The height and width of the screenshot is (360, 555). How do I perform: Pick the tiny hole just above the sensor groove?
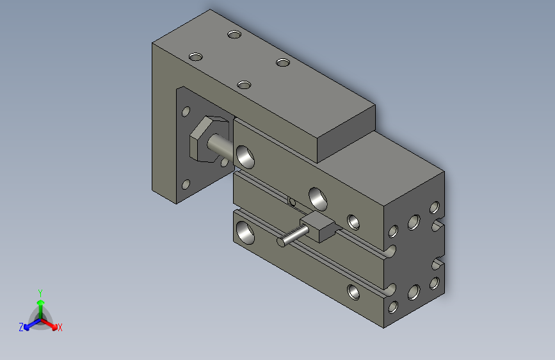tap(293, 202)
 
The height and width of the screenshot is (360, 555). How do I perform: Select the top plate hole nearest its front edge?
tap(243, 85)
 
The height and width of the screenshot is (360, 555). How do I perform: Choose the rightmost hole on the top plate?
tap(283, 62)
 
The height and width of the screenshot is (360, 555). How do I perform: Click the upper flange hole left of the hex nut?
tap(186, 111)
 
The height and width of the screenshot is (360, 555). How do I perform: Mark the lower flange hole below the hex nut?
tap(186, 184)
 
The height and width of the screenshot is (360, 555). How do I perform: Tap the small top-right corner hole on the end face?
tap(434, 207)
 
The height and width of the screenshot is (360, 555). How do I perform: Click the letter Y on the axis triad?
tap(40, 291)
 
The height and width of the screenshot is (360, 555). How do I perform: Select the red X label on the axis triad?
tap(60, 328)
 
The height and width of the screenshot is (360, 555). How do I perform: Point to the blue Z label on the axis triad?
tap(21, 327)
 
